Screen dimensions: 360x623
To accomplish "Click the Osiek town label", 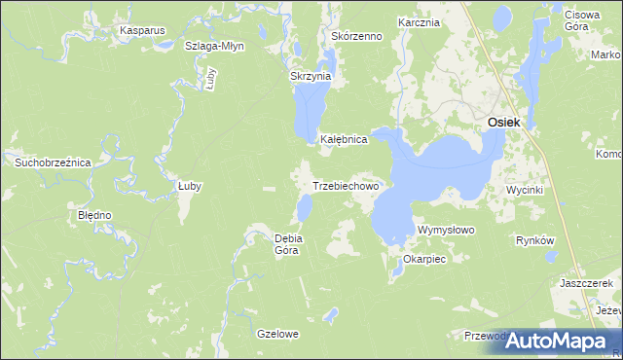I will pos(503,122).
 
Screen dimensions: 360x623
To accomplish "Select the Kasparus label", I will pos(142,30).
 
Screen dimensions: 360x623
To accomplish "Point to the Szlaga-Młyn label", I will pos(214,46).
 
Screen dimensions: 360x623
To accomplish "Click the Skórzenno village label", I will pos(356,36).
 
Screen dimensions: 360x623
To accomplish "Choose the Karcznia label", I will pos(420,21).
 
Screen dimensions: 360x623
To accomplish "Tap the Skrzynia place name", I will pos(311,76).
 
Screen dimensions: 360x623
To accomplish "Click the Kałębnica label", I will pos(344,139).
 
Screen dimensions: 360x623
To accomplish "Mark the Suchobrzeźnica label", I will pos(53,162).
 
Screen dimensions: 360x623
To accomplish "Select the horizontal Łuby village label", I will pos(189,186).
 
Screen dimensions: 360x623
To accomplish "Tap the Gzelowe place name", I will pos(277,334).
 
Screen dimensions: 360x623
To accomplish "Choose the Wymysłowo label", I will pos(445,230).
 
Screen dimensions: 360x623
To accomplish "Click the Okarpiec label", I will pos(423,260).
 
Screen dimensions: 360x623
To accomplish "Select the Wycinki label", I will pos(524,190).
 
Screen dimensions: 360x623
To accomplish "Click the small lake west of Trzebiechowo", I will pos(305,206).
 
